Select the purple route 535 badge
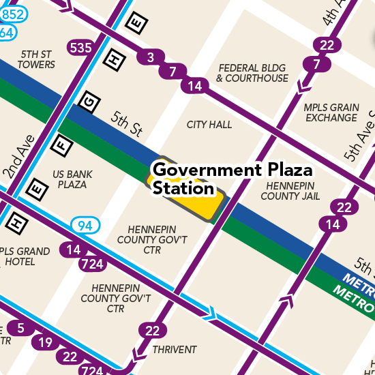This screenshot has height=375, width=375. [x=80, y=48]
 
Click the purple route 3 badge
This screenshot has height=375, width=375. [x=150, y=57]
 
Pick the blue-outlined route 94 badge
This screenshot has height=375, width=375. [x=86, y=225]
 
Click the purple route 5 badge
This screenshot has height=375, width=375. [x=20, y=329]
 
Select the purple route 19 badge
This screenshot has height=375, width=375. [x=45, y=342]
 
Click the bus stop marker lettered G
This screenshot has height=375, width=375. [x=87, y=102]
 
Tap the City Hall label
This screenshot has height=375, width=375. [x=209, y=125]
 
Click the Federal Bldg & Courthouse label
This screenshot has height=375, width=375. [x=252, y=73]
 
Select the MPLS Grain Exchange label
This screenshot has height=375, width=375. [x=331, y=112]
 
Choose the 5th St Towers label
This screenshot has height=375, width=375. [x=37, y=59]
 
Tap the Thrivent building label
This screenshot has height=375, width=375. [x=175, y=350]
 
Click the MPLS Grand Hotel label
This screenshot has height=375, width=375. [x=26, y=256]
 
